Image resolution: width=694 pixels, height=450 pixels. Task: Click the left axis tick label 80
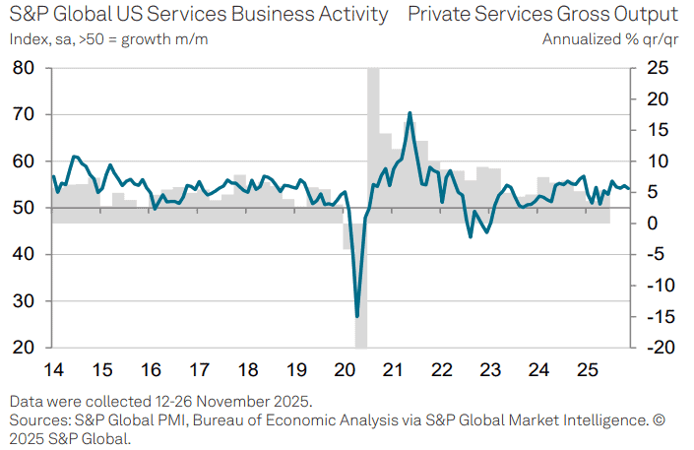click(x=24, y=68)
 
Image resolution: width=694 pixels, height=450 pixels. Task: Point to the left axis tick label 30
click(x=24, y=301)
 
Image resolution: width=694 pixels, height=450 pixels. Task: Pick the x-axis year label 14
click(x=53, y=370)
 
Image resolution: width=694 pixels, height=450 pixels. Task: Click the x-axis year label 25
click(x=586, y=370)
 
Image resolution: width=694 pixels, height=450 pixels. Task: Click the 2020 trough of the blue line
click(x=356, y=316)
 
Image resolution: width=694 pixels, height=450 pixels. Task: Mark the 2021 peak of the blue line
click(x=409, y=113)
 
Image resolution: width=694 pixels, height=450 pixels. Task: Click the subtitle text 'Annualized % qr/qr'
click(x=610, y=38)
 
